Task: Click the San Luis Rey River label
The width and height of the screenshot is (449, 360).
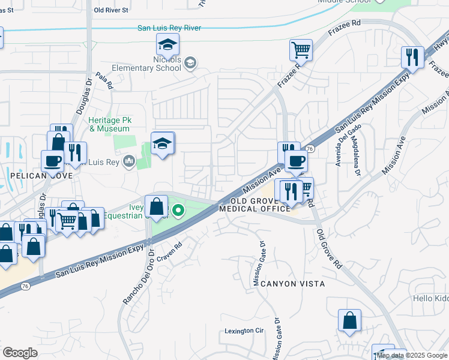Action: tap(169, 28)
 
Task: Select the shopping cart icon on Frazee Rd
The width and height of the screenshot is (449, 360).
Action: tap(301, 49)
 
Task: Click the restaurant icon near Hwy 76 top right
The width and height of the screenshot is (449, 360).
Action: tap(412, 57)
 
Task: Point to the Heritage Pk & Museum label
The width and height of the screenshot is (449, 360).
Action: tap(109, 124)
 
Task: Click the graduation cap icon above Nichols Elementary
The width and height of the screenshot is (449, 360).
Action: tap(168, 43)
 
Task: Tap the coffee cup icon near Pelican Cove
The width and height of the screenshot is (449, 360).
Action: tap(52, 160)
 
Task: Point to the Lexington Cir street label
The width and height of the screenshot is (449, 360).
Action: tap(244, 331)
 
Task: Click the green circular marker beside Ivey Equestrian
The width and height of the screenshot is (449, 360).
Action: tap(178, 211)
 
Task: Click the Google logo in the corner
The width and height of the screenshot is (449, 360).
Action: tap(20, 353)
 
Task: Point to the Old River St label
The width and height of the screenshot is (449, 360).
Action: tap(112, 10)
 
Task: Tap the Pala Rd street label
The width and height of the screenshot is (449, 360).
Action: tap(104, 82)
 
